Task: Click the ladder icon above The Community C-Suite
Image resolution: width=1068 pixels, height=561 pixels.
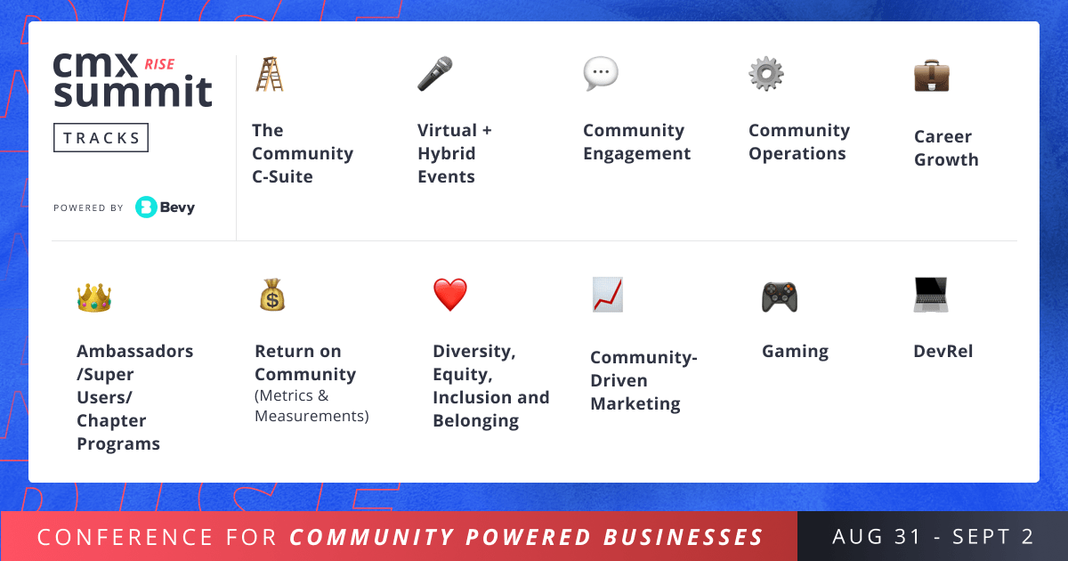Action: (269, 74)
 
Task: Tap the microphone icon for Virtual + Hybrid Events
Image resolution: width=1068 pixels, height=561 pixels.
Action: (435, 74)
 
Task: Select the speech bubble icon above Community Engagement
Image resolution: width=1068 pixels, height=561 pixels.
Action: (601, 74)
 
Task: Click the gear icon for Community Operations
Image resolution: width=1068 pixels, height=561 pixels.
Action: (766, 74)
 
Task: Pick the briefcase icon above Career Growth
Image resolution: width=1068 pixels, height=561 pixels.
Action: (932, 76)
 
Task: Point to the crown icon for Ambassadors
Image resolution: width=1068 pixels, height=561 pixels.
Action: (94, 297)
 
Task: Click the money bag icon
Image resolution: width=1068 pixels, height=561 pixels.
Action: (272, 295)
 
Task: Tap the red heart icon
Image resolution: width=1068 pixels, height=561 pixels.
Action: (450, 295)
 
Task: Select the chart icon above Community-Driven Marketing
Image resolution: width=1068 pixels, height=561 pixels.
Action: (608, 295)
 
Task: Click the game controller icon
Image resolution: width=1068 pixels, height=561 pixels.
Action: (780, 297)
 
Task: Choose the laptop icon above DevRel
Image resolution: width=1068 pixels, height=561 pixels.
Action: (931, 295)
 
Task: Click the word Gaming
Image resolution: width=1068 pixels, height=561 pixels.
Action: (795, 352)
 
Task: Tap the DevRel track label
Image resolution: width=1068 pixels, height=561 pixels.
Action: (943, 352)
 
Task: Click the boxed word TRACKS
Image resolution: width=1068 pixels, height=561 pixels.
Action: (101, 138)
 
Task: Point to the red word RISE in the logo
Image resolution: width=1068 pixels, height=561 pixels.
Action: (159, 64)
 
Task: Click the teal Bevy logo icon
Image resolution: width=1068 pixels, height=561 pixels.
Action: (146, 207)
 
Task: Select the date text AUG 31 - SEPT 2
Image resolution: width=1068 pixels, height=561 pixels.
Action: (933, 537)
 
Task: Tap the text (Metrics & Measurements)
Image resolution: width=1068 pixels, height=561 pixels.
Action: (311, 406)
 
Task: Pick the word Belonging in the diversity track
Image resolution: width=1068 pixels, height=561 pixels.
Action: (475, 421)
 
